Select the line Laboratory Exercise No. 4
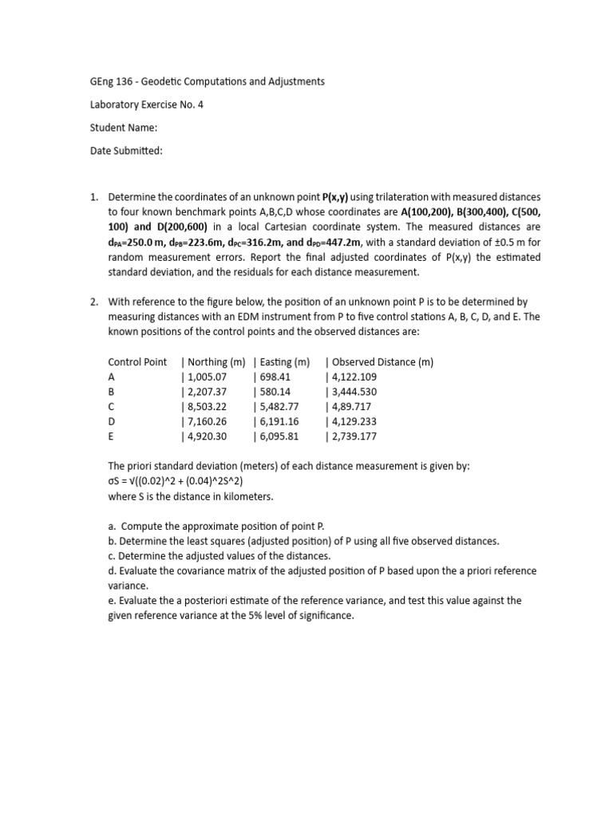tap(146, 104)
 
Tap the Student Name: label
tap(123, 127)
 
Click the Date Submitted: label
tap(125, 150)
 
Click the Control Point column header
tap(137, 361)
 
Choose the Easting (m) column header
tap(285, 361)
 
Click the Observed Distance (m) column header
tap(381, 361)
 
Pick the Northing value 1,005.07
tap(208, 377)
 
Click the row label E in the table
tap(111, 436)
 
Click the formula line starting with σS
tap(180, 481)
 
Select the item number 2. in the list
tap(93, 302)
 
